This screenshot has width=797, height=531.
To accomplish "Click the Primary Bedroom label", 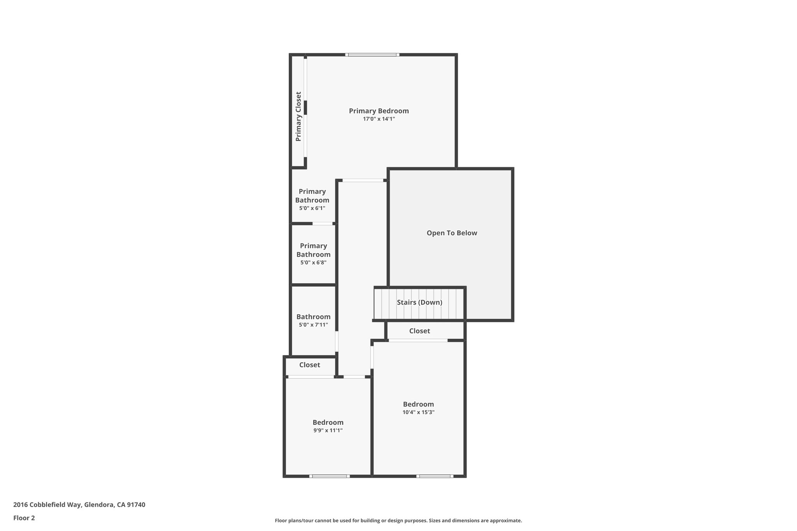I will pyautogui.click(x=379, y=111).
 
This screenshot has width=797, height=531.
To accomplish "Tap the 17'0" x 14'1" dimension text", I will pyautogui.click(x=379, y=119).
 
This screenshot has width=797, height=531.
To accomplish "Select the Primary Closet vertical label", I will pyautogui.click(x=298, y=116).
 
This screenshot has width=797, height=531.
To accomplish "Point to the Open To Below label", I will pyautogui.click(x=451, y=233).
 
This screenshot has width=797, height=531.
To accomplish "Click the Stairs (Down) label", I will pyautogui.click(x=419, y=302).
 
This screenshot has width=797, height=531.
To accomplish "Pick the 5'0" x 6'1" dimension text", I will pyautogui.click(x=312, y=208).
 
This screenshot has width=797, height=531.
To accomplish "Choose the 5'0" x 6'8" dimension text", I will pyautogui.click(x=313, y=263).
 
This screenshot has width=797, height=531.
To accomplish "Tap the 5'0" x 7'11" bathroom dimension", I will pyautogui.click(x=313, y=325).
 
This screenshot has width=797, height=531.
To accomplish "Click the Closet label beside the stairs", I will pyautogui.click(x=419, y=331).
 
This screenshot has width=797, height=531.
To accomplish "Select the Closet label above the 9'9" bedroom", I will pyautogui.click(x=309, y=365).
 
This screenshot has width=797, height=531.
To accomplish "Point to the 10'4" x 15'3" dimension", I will pyautogui.click(x=418, y=412).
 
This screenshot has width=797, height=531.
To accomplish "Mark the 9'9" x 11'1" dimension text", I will pyautogui.click(x=328, y=431).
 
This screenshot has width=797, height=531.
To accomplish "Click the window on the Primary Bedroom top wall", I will pyautogui.click(x=372, y=55).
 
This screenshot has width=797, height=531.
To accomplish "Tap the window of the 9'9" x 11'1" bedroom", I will pyautogui.click(x=329, y=476).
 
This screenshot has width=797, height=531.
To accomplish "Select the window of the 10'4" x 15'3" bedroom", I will pyautogui.click(x=434, y=476).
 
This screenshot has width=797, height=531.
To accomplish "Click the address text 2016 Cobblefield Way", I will pyautogui.click(x=79, y=505).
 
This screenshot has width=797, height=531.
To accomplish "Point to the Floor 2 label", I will pyautogui.click(x=24, y=518).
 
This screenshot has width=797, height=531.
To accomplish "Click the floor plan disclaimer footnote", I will pyautogui.click(x=398, y=520).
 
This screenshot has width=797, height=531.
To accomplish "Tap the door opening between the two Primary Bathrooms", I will pyautogui.click(x=322, y=224).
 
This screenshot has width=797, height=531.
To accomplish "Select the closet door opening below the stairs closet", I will pyautogui.click(x=418, y=340).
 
